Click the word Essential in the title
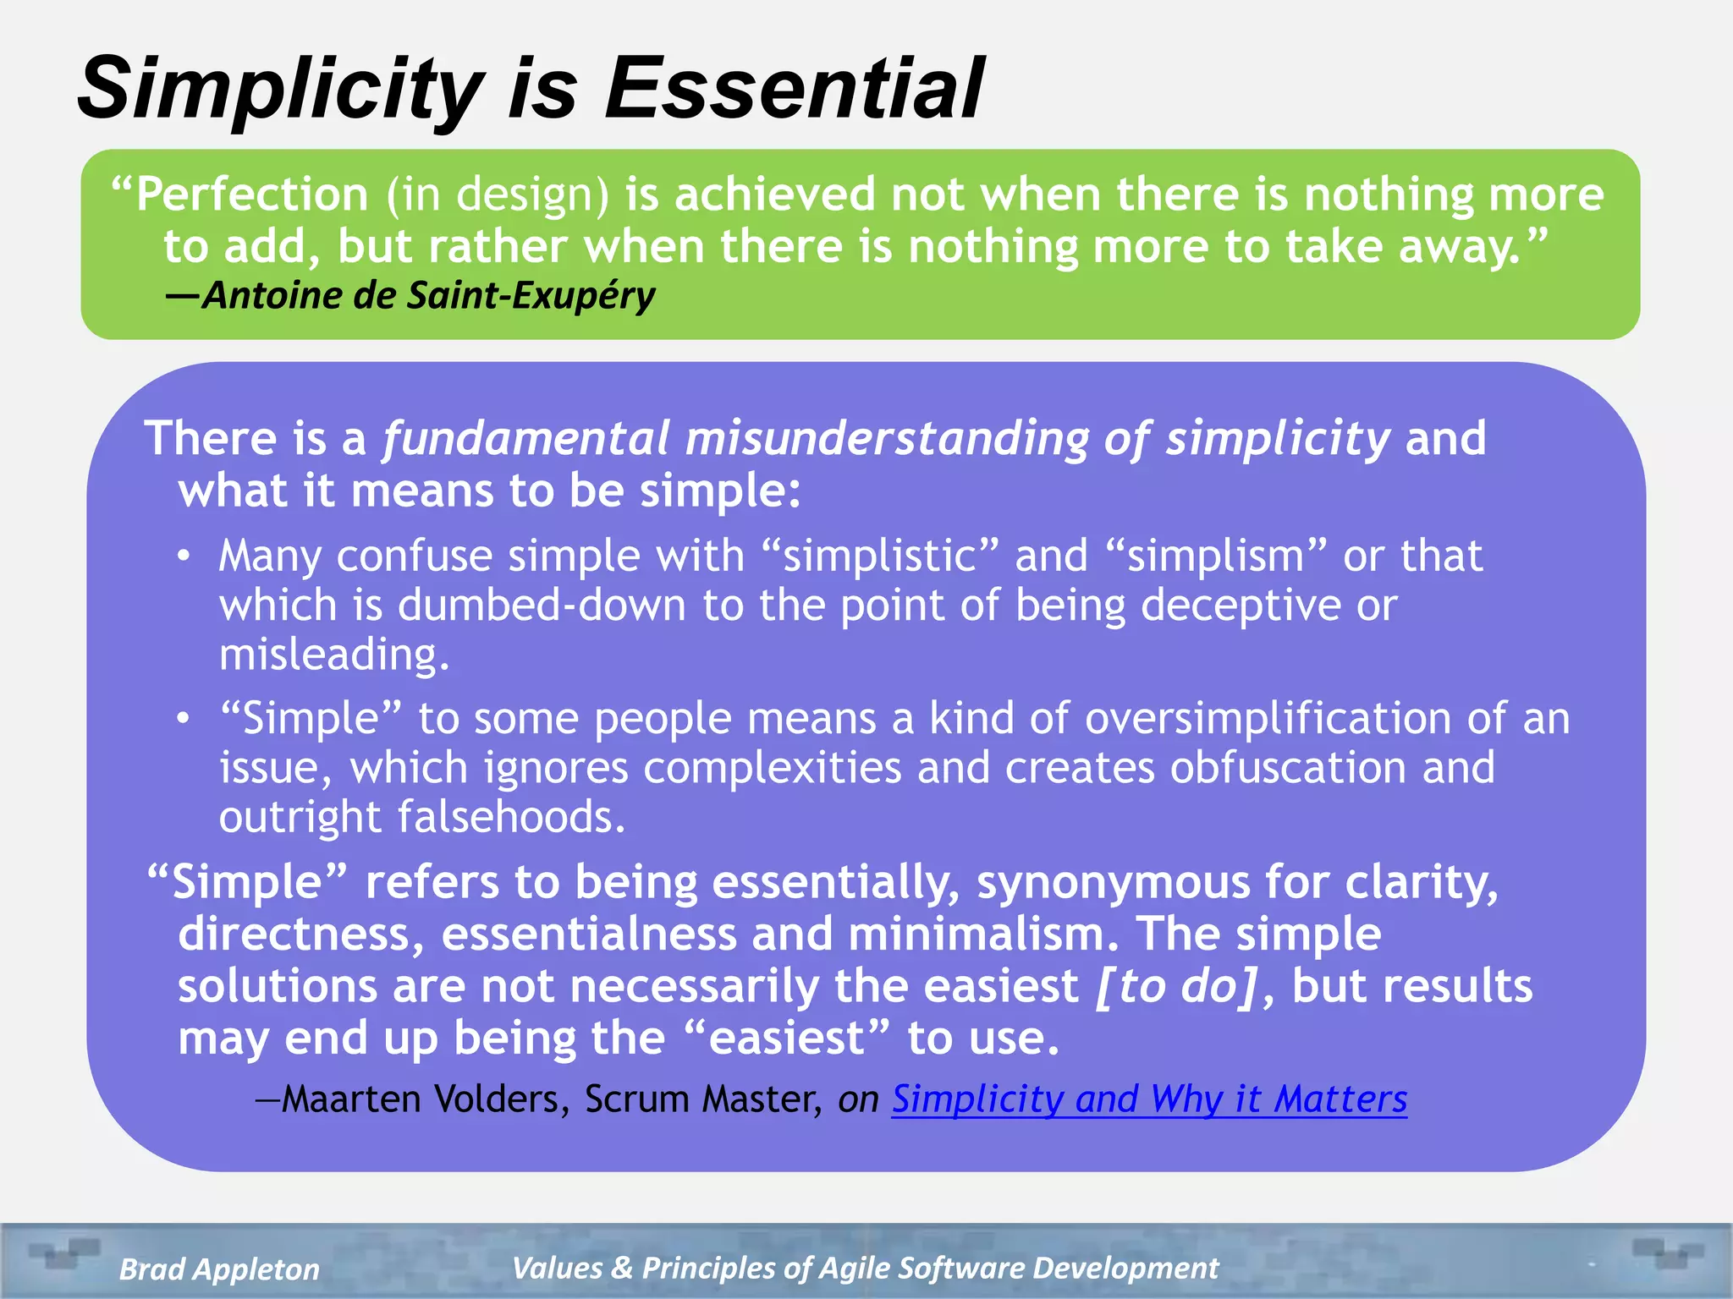794,88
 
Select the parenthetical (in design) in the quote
498,195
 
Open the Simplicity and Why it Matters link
1149,1099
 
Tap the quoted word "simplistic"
880,556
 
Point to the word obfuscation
1288,768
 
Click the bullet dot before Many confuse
184,556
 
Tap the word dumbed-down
542,606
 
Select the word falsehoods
511,817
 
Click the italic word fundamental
526,439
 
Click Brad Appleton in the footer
220,1269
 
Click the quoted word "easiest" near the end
786,1039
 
